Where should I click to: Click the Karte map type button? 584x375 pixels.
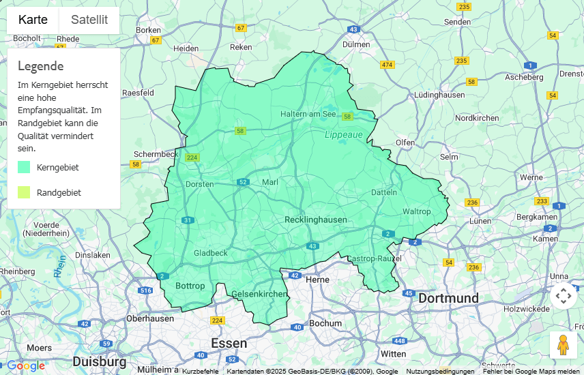33,20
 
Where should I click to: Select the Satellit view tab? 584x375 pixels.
89,20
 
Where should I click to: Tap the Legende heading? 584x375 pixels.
41,66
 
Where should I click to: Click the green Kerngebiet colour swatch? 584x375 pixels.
24,167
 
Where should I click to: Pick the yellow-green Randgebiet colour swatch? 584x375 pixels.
24,192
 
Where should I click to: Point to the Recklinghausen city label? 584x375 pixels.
315,220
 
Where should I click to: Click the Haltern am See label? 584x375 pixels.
308,114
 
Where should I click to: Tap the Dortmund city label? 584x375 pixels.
448,299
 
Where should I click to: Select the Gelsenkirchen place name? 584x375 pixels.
259,294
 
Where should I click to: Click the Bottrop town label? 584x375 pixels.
190,286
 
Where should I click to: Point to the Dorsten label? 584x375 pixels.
200,184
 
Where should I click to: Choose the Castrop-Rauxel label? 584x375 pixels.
374,258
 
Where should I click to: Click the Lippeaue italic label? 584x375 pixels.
343,135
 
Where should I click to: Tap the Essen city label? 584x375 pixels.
229,343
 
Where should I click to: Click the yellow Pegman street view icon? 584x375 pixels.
563,345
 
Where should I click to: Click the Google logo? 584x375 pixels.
26,366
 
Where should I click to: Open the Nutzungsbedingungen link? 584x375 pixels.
440,372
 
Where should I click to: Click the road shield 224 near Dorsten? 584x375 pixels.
192,157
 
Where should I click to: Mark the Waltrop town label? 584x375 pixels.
416,211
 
